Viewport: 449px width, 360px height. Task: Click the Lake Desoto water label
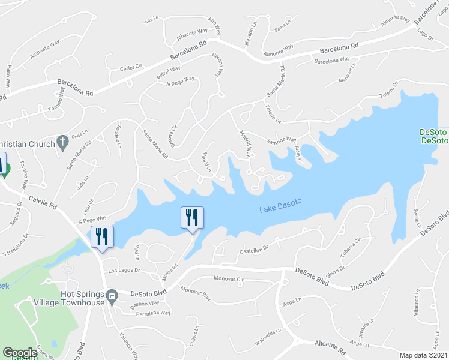click(280, 209)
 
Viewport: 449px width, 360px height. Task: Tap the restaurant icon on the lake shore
click(192, 217)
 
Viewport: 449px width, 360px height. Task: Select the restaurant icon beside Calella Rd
click(101, 236)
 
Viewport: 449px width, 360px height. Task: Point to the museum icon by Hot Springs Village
click(112, 296)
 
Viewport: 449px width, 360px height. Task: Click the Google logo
click(20, 353)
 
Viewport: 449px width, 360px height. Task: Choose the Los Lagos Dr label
click(124, 271)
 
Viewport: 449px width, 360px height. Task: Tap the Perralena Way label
click(154, 313)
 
